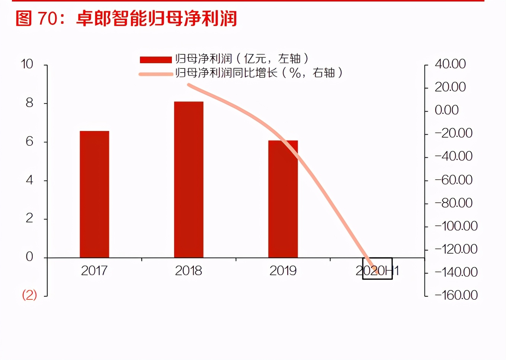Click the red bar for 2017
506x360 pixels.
pyautogui.click(x=95, y=194)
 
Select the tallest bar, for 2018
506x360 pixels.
pyautogui.click(x=189, y=180)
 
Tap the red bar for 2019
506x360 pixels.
pyautogui.click(x=283, y=199)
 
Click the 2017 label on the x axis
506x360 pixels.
pyautogui.click(x=94, y=271)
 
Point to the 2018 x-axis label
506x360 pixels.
pyautogui.click(x=189, y=271)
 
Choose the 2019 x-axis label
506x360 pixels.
pyautogui.click(x=283, y=271)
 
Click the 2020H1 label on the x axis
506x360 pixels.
pyautogui.click(x=377, y=271)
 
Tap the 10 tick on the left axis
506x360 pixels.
pyautogui.click(x=27, y=64)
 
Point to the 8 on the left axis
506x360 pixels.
pyautogui.click(x=29, y=103)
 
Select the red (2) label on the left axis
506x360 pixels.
pyautogui.click(x=29, y=295)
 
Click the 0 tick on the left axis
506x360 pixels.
pyautogui.click(x=29, y=257)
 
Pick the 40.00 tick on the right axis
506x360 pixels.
pyautogui.click(x=450, y=64)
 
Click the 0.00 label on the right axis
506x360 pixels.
pyautogui.click(x=446, y=110)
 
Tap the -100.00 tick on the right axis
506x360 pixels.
pyautogui.click(x=456, y=226)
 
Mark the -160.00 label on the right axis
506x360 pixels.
pyautogui.click(x=456, y=295)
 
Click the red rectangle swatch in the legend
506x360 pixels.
pyautogui.click(x=156, y=60)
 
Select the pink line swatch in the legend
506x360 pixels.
pyautogui.click(x=156, y=74)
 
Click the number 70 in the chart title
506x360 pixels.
pyautogui.click(x=48, y=19)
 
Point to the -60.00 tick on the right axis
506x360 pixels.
pyautogui.click(x=454, y=180)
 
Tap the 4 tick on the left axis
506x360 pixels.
pyautogui.click(x=29, y=180)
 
